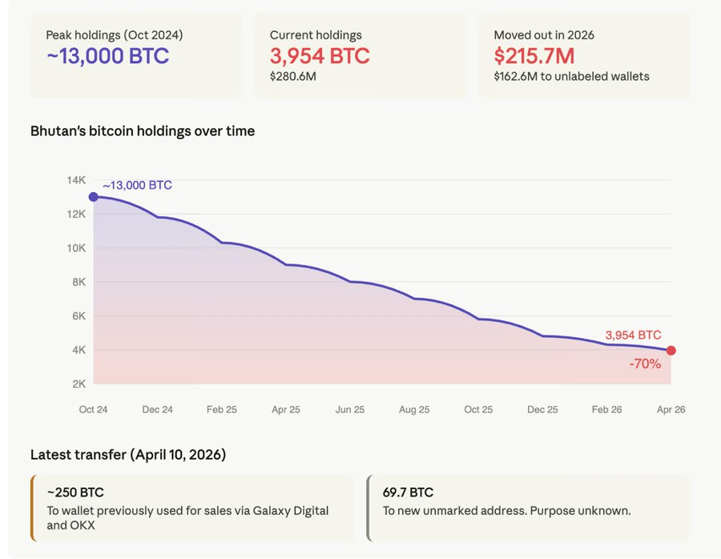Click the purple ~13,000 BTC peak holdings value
[x=107, y=56]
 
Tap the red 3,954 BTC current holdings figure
[x=320, y=56]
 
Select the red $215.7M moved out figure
[x=534, y=56]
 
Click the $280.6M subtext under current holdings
[x=293, y=77]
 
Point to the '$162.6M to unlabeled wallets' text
[x=571, y=77]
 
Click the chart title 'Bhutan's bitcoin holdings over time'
[x=143, y=131]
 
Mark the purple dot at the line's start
[x=94, y=197]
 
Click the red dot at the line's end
[x=671, y=351]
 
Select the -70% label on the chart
[x=644, y=364]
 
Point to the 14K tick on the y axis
[x=76, y=180]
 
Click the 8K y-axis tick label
[x=78, y=282]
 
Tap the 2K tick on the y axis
[x=78, y=384]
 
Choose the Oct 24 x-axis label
[x=94, y=409]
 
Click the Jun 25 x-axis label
[x=350, y=409]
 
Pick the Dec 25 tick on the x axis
[x=542, y=409]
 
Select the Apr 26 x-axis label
[x=670, y=409]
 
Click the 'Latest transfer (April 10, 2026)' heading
[x=128, y=455]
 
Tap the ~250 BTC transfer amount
[x=75, y=493]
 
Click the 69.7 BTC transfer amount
[x=408, y=493]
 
